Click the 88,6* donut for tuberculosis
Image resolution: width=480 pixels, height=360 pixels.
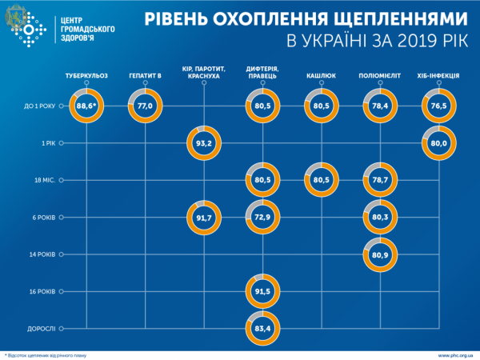point(86,106)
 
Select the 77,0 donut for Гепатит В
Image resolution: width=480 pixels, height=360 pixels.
point(145,106)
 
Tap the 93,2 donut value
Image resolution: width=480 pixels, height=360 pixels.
point(204,143)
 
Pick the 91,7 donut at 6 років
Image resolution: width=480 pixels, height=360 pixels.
point(204,217)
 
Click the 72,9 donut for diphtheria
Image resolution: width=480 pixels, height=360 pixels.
point(263,217)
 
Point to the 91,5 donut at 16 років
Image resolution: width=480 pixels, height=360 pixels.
point(263,290)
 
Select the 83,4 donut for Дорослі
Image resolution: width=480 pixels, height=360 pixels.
point(263,327)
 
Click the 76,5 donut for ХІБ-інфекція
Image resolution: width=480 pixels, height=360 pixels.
point(438,106)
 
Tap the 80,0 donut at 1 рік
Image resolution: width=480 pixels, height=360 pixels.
point(438,143)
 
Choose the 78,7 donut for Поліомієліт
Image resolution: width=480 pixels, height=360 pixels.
point(381,180)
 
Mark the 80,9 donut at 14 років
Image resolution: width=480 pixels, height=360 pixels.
point(381,254)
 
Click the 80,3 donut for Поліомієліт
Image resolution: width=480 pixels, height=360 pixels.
point(381,217)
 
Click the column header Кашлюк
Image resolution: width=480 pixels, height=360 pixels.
point(322,76)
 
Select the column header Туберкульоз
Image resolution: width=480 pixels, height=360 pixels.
point(86,76)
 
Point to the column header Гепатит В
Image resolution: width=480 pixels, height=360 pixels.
point(145,76)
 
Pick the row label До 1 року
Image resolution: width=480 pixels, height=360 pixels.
point(40,106)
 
